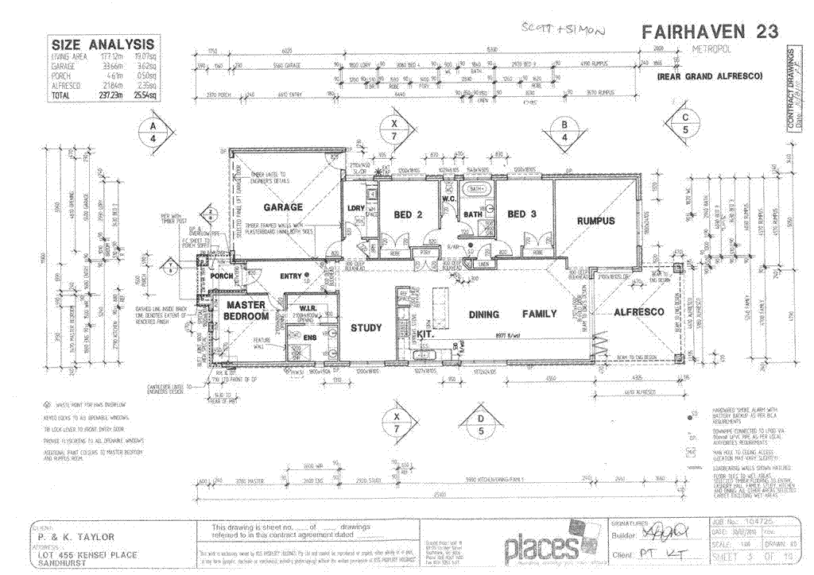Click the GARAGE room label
tap(283, 207)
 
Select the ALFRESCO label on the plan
tap(638, 313)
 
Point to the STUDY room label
tap(366, 327)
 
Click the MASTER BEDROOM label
tap(246, 311)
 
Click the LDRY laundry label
tap(355, 208)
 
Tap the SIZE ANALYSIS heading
tap(103, 45)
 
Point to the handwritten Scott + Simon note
tap(562, 29)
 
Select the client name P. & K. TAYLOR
tap(72, 537)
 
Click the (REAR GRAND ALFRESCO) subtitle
tap(709, 75)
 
